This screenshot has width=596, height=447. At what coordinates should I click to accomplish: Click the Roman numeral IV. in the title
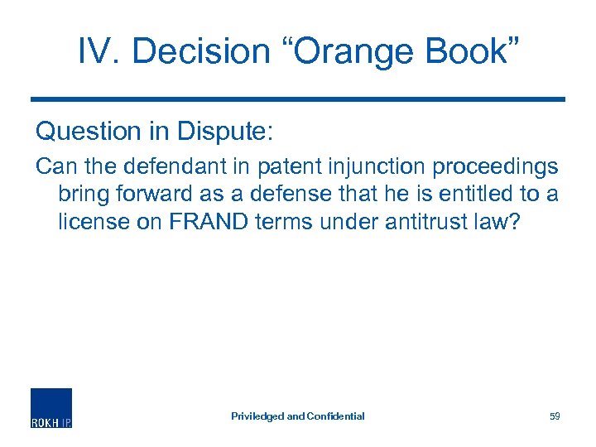click(x=99, y=51)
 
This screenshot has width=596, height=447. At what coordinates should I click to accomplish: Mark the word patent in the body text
click(x=287, y=167)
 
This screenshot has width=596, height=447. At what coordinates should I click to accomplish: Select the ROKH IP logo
click(x=51, y=408)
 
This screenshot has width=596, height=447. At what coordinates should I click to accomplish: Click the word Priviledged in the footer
click(x=257, y=416)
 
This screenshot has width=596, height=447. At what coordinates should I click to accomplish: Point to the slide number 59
click(x=555, y=416)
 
